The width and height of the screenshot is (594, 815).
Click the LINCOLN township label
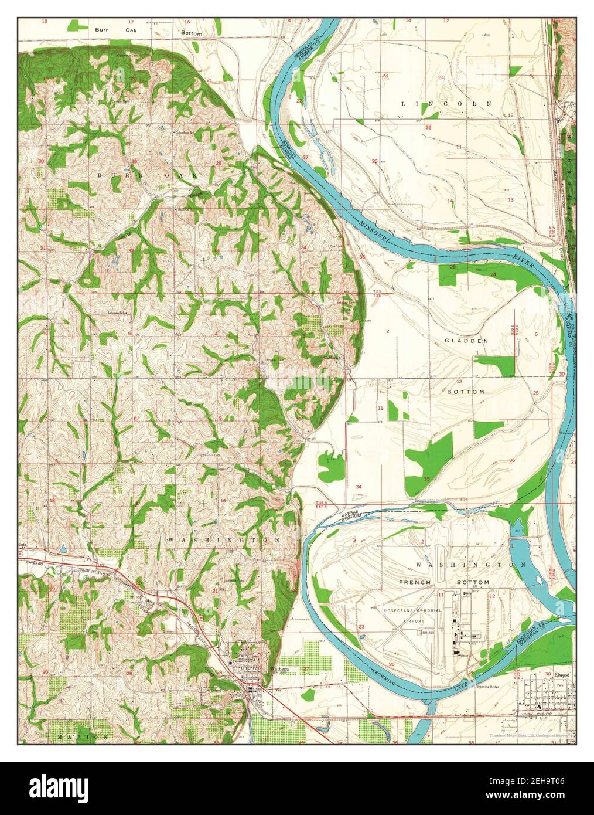[446, 103]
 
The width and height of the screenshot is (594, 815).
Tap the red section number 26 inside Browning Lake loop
[391, 664]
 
